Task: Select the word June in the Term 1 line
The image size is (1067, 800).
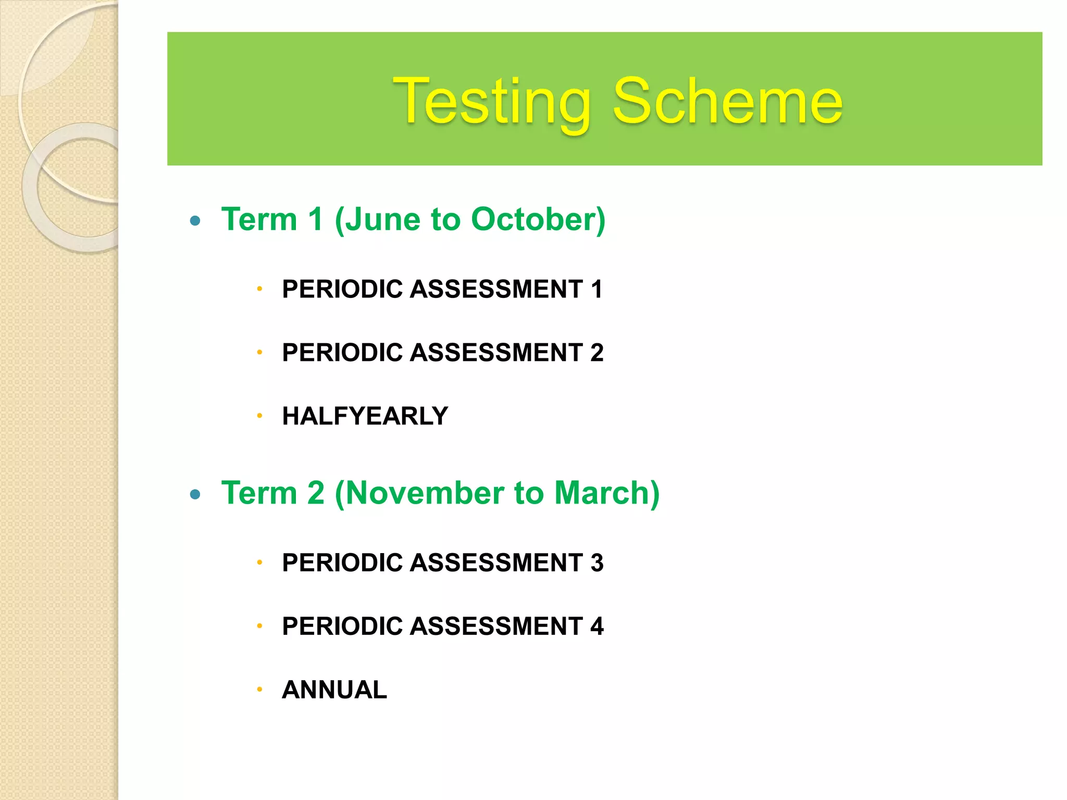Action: pos(382,219)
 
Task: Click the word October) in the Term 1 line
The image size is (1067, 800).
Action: pos(538,219)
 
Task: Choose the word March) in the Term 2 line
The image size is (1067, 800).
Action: pos(607,493)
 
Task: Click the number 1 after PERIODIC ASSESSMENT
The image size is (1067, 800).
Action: pos(597,289)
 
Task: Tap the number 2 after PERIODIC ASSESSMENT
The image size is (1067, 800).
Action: pos(597,353)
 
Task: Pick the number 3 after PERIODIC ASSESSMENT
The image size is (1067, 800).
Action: pos(597,563)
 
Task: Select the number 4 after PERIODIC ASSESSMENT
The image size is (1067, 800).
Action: pos(597,626)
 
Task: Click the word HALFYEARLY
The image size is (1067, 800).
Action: pos(365,416)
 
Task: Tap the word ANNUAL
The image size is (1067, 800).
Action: pos(334,690)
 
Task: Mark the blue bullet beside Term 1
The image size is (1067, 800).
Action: pos(195,221)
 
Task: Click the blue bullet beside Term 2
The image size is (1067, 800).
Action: pos(195,494)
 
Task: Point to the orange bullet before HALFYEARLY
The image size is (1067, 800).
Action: pos(259,416)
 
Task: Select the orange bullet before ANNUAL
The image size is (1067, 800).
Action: pos(259,690)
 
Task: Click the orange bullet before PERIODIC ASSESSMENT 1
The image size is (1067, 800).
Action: pos(259,289)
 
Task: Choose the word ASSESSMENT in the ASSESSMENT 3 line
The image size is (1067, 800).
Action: pos(497,563)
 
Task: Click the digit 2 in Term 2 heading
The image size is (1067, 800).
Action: pos(316,493)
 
